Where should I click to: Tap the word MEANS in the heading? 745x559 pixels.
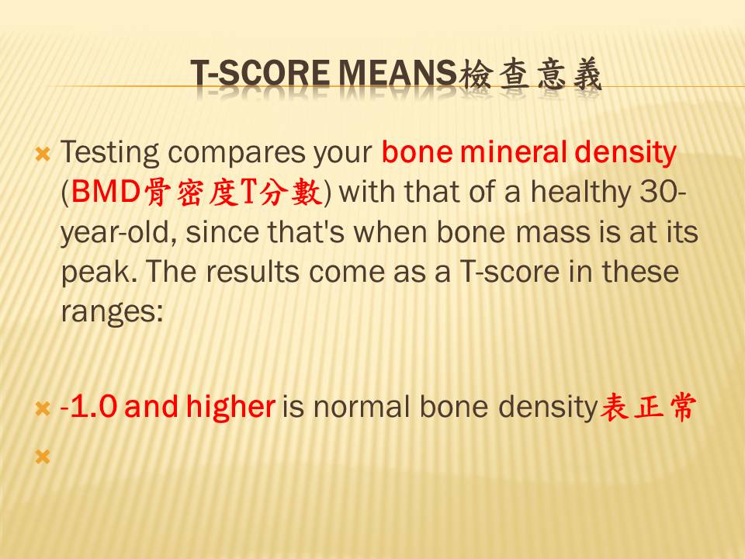pyautogui.click(x=397, y=74)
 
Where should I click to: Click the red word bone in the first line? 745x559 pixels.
pyautogui.click(x=418, y=152)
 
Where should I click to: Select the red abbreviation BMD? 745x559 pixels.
pyautogui.click(x=106, y=192)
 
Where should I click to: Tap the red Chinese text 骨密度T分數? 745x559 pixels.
pyautogui.click(x=233, y=192)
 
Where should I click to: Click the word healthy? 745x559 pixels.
pyautogui.click(x=581, y=193)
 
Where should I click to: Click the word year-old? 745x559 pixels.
pyautogui.click(x=119, y=232)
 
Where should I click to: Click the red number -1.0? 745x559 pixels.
pyautogui.click(x=88, y=407)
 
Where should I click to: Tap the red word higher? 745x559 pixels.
pyautogui.click(x=230, y=408)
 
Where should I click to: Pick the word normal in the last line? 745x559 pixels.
pyautogui.click(x=362, y=407)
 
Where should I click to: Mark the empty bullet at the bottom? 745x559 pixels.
pyautogui.click(x=43, y=457)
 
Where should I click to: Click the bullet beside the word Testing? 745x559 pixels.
pyautogui.click(x=43, y=154)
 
